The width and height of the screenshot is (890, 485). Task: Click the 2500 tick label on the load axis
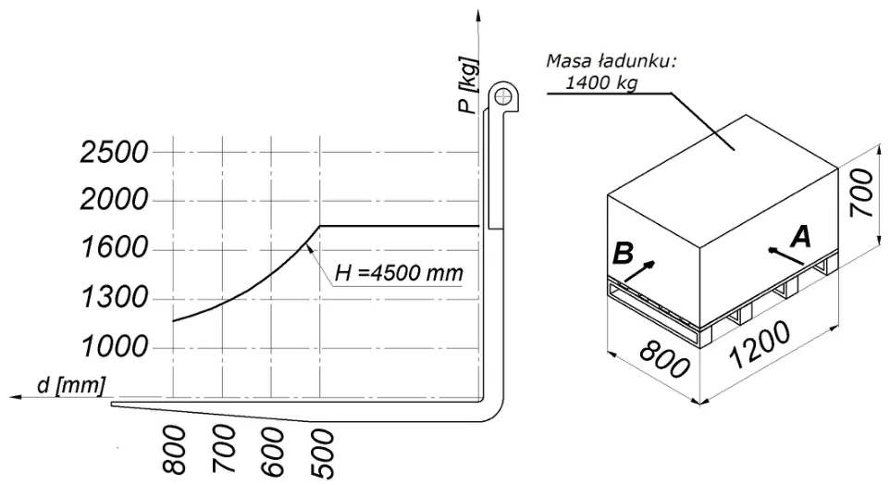click(x=114, y=152)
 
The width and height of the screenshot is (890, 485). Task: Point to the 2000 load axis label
click(x=114, y=200)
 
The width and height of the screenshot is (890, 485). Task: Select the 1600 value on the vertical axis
click(x=115, y=248)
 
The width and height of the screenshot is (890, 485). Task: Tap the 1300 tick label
click(x=115, y=297)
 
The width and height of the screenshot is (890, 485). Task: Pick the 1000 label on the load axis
click(x=115, y=346)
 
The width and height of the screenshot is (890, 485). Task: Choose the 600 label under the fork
click(x=273, y=452)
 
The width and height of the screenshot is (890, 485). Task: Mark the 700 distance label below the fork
click(x=224, y=449)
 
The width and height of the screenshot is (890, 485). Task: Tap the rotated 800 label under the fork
click(x=175, y=449)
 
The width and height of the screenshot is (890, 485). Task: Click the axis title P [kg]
click(x=469, y=85)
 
